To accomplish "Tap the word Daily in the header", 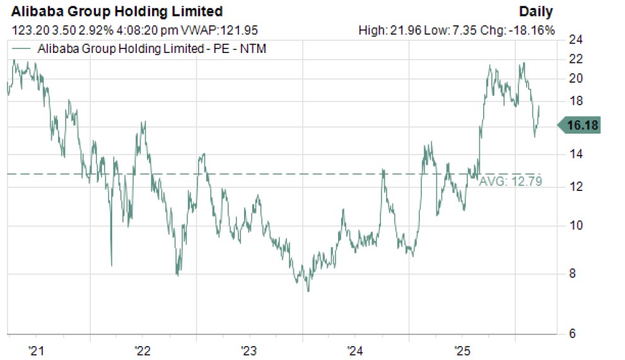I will pyautogui.click(x=536, y=11).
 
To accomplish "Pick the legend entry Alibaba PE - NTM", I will pyautogui.click(x=152, y=49).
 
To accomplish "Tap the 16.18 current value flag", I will pyautogui.click(x=581, y=126).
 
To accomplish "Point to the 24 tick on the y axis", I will pyautogui.click(x=575, y=40).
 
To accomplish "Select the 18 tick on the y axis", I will pyautogui.click(x=575, y=101).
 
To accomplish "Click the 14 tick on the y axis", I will pyautogui.click(x=575, y=154).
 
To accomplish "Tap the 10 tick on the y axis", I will pyautogui.click(x=575, y=225).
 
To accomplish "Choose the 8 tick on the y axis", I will pyautogui.click(x=575, y=274).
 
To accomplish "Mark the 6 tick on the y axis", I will pyautogui.click(x=575, y=334).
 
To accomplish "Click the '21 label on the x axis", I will pyautogui.click(x=36, y=350).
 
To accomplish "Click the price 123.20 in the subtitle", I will pyautogui.click(x=26, y=30).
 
